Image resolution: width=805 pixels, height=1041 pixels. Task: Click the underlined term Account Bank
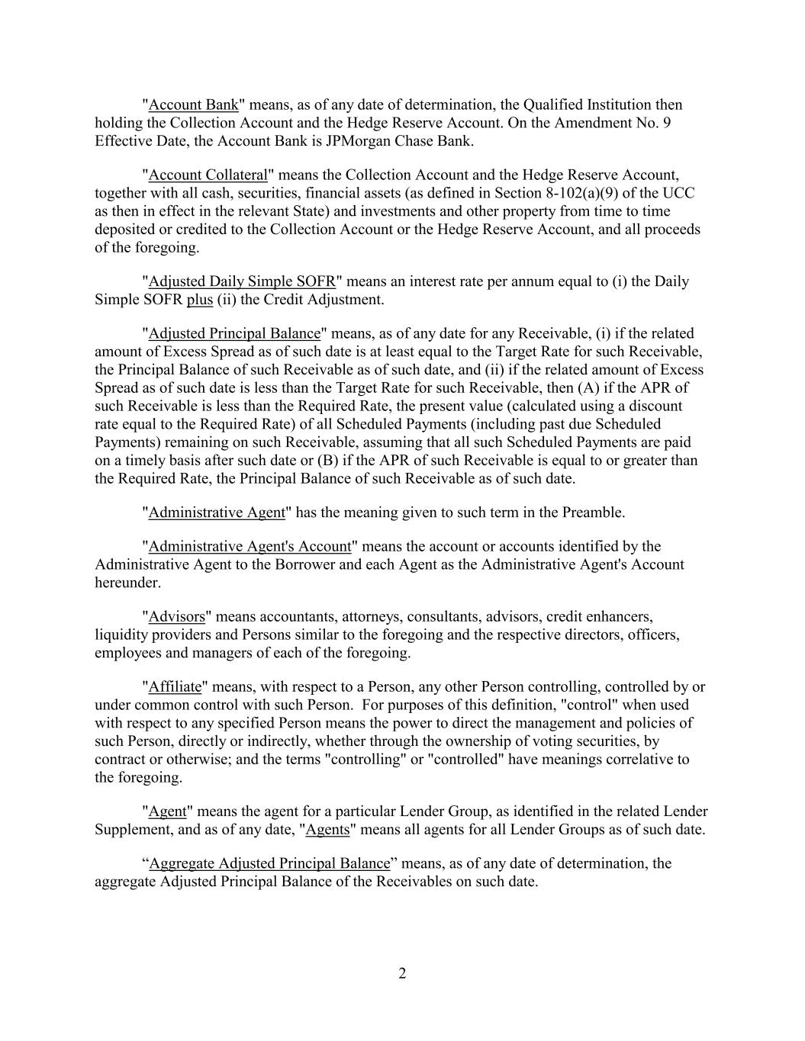pos(194,104)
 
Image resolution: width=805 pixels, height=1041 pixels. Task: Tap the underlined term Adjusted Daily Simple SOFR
pos(242,281)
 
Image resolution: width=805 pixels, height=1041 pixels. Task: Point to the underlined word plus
pos(199,300)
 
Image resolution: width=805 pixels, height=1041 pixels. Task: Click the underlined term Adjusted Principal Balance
pos(234,333)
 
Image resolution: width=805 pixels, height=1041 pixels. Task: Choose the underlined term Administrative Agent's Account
pos(250,546)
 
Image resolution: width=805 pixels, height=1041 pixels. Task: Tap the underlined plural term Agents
pos(327,830)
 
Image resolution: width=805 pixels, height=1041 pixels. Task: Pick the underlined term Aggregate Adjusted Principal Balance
pos(269,863)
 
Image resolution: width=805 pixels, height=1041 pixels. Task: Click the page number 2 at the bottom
pos(402,974)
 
